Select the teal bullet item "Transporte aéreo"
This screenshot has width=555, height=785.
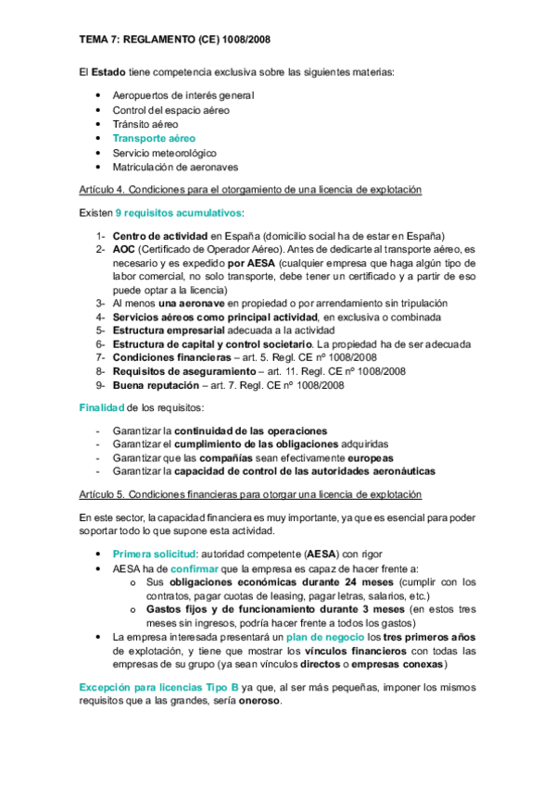tap(154, 138)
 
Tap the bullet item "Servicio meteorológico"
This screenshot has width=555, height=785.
tap(164, 153)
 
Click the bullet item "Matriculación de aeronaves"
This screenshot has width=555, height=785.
tap(175, 167)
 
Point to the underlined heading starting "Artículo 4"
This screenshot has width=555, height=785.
tap(250, 190)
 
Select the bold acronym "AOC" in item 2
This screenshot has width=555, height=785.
tap(124, 249)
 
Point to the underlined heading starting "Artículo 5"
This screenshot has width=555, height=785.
tap(250, 493)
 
